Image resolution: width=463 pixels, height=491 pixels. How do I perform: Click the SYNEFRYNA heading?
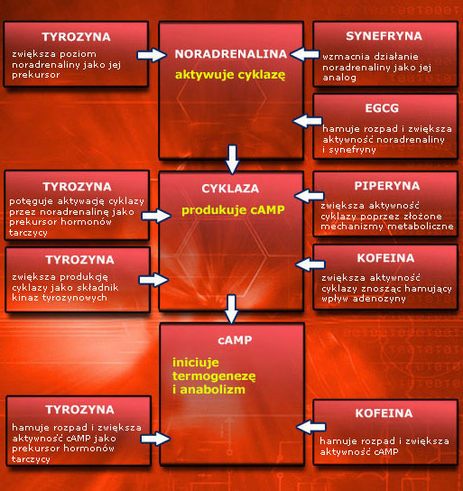(x=384, y=36)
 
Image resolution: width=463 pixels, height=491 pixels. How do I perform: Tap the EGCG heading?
(x=382, y=108)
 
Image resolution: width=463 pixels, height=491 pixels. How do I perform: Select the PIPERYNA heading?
(x=387, y=186)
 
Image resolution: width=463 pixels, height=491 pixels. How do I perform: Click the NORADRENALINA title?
(x=231, y=54)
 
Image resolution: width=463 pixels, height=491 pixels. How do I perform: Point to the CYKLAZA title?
(x=230, y=189)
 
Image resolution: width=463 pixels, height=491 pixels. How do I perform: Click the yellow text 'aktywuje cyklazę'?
(x=230, y=76)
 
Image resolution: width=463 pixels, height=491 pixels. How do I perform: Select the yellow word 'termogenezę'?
(x=214, y=376)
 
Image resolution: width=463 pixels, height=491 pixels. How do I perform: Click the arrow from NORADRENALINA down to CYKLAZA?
(x=232, y=159)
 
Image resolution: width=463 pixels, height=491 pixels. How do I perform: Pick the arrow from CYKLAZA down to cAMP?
(x=231, y=309)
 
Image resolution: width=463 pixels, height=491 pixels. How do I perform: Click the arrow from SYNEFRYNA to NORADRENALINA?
(x=305, y=54)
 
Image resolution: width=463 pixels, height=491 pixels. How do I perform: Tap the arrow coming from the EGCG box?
(x=308, y=121)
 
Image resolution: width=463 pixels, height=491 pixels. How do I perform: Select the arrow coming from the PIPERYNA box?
(x=310, y=196)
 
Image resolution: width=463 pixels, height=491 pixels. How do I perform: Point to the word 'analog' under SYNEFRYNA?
(x=339, y=78)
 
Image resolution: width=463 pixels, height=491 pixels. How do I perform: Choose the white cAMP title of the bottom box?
(x=235, y=339)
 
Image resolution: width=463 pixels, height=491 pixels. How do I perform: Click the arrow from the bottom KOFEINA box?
(x=311, y=427)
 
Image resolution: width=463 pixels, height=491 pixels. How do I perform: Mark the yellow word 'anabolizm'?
(x=213, y=390)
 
